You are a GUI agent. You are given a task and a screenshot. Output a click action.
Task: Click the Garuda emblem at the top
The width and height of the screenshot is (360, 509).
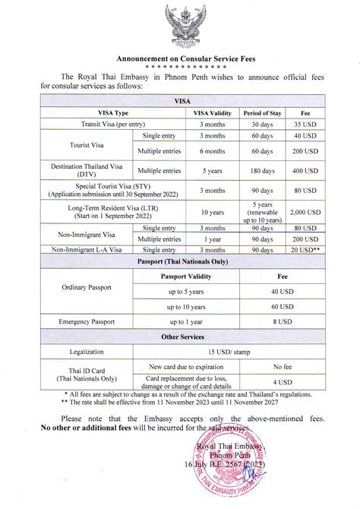tap(180, 28)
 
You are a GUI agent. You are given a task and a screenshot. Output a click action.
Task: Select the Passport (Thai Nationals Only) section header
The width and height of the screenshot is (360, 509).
tap(180, 260)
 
